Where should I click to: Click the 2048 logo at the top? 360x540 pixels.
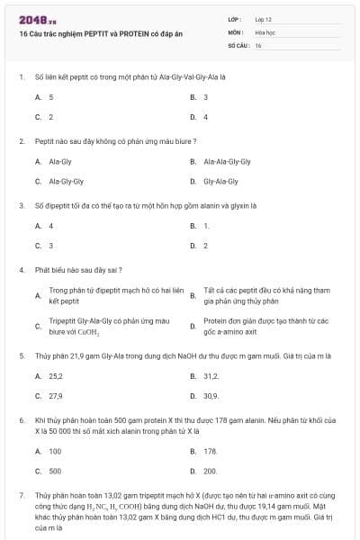(32, 19)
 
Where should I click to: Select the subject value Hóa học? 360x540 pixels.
(265, 31)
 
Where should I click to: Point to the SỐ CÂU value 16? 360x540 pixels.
(258, 44)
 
